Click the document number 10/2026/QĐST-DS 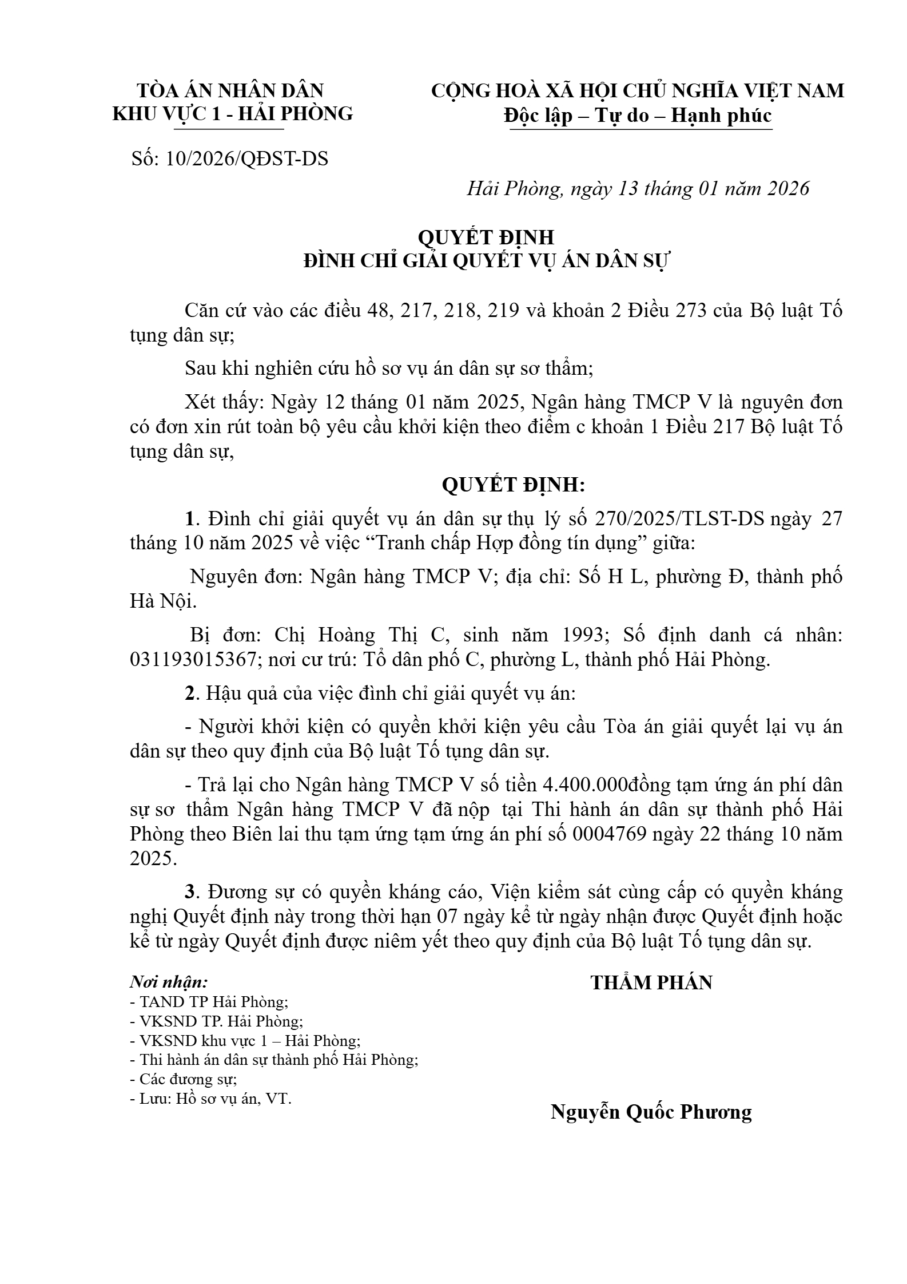(x=246, y=159)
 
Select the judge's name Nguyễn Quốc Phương (x=651, y=1112)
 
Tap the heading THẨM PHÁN (x=651, y=983)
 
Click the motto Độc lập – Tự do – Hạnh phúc (x=638, y=116)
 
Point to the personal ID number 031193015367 (x=193, y=660)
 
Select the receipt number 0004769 (x=608, y=834)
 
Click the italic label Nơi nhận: (x=169, y=982)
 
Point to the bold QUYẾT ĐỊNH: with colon (x=514, y=485)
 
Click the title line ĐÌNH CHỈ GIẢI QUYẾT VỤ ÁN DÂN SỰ (x=486, y=261)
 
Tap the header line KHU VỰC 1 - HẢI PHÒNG (x=232, y=114)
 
